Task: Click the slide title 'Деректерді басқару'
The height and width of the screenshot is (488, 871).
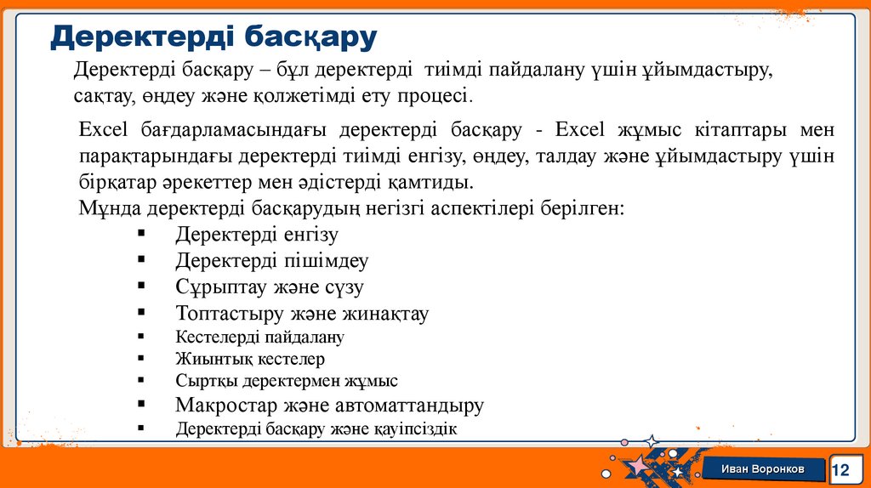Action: [x=213, y=37]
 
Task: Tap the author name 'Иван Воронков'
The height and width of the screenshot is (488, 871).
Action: [x=762, y=470]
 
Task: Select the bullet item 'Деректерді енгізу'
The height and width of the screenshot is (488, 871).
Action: [x=257, y=235]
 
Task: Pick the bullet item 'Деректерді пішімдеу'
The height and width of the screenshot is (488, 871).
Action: [x=272, y=260]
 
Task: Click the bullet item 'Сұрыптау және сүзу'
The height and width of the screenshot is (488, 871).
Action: [x=270, y=287]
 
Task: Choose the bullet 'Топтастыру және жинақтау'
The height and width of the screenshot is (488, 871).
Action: [x=302, y=313]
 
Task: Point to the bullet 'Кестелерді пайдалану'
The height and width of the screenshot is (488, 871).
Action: [x=259, y=337]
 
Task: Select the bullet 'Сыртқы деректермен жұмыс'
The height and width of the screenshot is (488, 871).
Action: [x=287, y=381]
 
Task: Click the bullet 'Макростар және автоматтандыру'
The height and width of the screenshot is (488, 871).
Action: [x=330, y=405]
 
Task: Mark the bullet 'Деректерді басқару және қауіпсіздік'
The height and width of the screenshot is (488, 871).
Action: [x=316, y=429]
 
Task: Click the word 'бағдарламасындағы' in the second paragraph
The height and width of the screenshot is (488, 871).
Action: [x=227, y=130]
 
